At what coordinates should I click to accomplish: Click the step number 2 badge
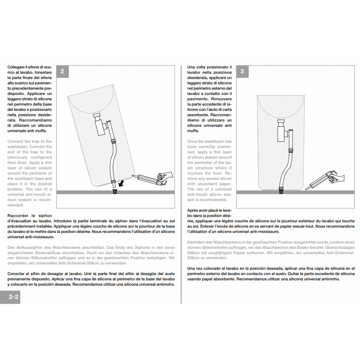(62, 71)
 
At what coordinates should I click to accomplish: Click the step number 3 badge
(242, 71)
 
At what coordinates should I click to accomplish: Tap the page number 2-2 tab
(10, 297)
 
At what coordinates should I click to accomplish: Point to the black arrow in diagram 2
(120, 183)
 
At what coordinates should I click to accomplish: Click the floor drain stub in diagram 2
(115, 191)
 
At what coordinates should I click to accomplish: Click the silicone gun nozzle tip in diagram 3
(306, 189)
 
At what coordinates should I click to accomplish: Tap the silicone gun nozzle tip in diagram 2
(132, 175)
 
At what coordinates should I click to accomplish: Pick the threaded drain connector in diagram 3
(281, 191)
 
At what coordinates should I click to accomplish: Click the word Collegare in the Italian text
(16, 67)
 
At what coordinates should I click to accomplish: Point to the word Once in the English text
(192, 141)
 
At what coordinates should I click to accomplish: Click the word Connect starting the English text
(15, 141)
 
